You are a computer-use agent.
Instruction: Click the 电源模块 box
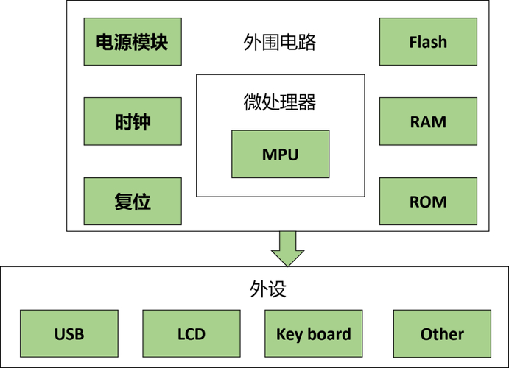point(133,41)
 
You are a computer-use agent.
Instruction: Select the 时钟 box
point(133,121)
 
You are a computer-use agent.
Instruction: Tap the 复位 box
point(133,201)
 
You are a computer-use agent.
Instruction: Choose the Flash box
point(428,41)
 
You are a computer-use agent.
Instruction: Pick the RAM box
point(428,121)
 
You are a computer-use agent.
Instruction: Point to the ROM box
point(428,201)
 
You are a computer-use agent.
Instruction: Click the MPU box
point(280,155)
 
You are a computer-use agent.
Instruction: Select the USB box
point(69,334)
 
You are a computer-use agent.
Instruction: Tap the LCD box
point(192,334)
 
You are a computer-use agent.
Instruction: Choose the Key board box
point(314,334)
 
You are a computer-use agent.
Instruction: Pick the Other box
point(442,334)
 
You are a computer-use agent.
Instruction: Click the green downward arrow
point(287,249)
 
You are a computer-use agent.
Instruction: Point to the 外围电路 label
point(280,42)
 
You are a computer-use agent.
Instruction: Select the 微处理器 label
point(280,101)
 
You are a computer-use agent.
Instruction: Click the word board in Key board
point(329,334)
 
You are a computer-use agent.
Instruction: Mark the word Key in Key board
point(289,335)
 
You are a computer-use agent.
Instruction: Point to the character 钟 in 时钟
point(142,121)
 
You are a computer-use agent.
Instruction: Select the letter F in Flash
point(413,41)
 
